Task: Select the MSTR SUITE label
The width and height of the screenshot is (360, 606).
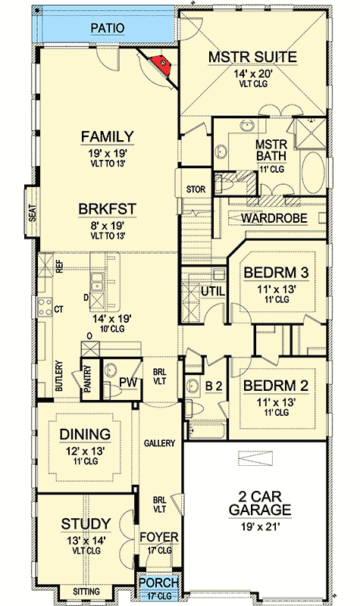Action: click(x=254, y=58)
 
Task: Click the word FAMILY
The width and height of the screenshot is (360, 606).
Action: click(x=108, y=137)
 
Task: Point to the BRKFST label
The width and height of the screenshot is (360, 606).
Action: click(x=108, y=208)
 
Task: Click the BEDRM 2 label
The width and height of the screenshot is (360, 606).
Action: click(x=276, y=386)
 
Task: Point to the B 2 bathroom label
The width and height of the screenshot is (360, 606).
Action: click(x=214, y=386)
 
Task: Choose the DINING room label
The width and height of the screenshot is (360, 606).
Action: click(x=85, y=435)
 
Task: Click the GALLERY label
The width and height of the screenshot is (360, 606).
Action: click(x=160, y=443)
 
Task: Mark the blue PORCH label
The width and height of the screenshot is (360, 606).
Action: click(x=159, y=584)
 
